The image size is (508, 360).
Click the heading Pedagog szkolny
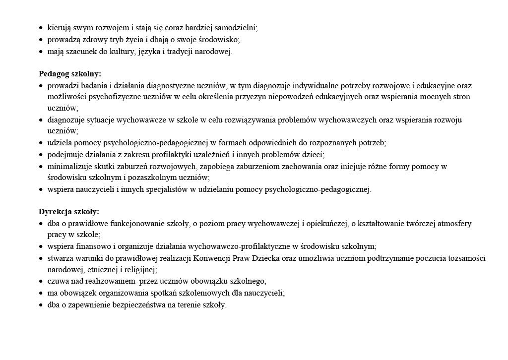coord(69,74)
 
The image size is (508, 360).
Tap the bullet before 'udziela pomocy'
coord(41,143)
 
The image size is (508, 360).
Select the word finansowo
coord(92,246)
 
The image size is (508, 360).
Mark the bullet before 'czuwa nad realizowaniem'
coord(41,282)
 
